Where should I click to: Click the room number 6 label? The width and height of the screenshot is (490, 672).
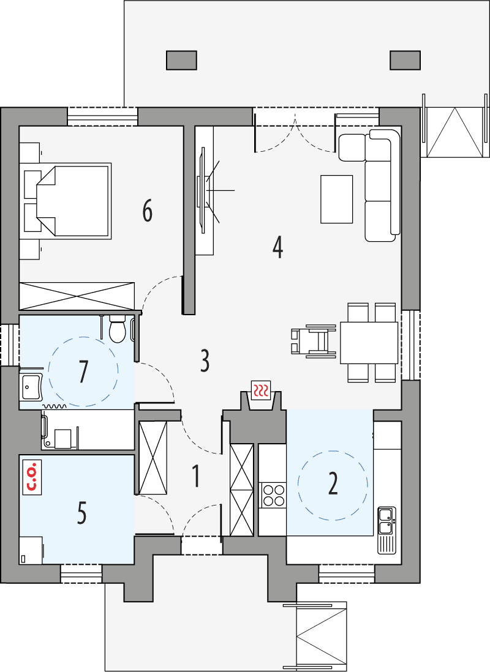pos(147,211)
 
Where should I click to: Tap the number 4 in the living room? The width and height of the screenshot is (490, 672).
pos(278,247)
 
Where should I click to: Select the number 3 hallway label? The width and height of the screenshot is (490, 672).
pos(205,361)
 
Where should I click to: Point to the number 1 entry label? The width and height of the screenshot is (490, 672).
pos(196,476)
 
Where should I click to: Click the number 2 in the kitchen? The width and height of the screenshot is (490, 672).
pos(333,483)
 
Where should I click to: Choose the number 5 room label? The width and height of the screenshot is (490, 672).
pos(81,513)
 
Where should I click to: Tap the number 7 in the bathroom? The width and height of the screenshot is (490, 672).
pos(83,371)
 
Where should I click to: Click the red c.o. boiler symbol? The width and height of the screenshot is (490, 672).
pos(31,477)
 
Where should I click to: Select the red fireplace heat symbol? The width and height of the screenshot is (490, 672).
pos(262,389)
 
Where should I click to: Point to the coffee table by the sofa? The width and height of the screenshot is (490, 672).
pos(336,199)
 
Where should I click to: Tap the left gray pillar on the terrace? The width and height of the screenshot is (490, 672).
pos(181,60)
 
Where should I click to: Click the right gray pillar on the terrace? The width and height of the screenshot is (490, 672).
pos(405,60)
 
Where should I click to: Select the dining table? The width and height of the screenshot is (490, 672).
pos(369,342)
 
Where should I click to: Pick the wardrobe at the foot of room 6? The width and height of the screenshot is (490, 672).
pos(77,296)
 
